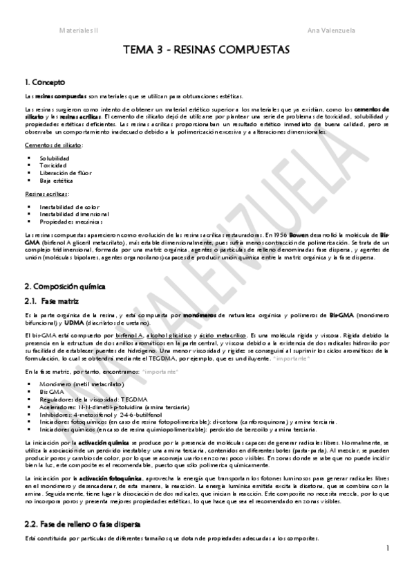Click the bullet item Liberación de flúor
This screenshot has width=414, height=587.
[66, 173]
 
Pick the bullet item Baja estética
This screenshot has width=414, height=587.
[56, 181]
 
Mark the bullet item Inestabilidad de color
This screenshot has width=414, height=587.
[68, 206]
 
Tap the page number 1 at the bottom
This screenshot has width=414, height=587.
[388, 549]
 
